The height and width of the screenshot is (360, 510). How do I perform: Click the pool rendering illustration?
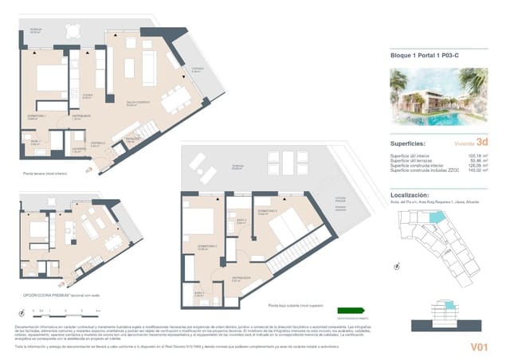click(x=438, y=96)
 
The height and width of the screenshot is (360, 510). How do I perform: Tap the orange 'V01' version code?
click(x=479, y=346)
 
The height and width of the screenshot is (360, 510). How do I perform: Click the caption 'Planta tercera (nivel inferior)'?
click(x=39, y=171)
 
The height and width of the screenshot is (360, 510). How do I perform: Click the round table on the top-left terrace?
click(x=73, y=32)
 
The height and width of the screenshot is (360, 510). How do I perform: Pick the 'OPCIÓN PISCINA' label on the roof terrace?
click(x=340, y=199)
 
